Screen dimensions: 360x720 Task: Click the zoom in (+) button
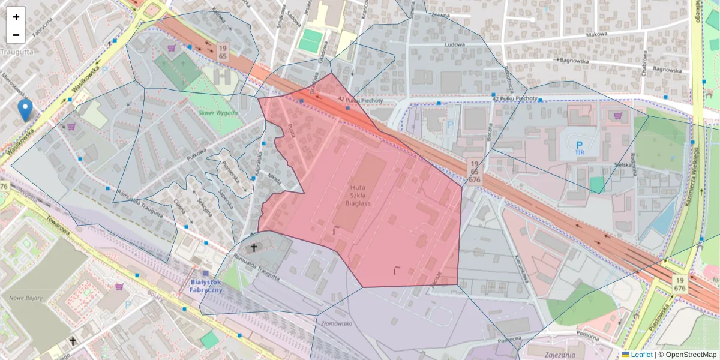(x=16, y=17)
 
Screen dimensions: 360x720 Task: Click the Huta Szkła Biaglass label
(x=358, y=195)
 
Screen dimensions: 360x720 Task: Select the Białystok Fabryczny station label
(x=206, y=286)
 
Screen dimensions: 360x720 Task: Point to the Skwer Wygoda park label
(x=218, y=113)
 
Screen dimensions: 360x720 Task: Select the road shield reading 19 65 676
(x=475, y=171)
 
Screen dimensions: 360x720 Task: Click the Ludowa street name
(x=455, y=44)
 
